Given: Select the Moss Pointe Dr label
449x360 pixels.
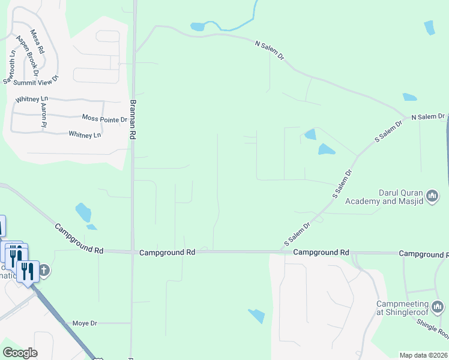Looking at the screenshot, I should pyautogui.click(x=104, y=119).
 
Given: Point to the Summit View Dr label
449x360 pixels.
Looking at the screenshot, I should pyautogui.click(x=38, y=79).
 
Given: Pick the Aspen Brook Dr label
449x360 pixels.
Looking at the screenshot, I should pyautogui.click(x=28, y=56).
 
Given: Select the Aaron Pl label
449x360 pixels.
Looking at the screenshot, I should pyautogui.click(x=43, y=115).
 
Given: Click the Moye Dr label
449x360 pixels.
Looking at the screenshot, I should pyautogui.click(x=85, y=323).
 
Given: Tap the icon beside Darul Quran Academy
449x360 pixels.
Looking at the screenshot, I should pyautogui.click(x=433, y=196).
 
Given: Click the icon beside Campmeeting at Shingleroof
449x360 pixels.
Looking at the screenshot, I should pyautogui.click(x=438, y=307).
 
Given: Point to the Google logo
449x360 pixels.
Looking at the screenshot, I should pyautogui.click(x=20, y=353).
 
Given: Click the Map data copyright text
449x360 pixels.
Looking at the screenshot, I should pyautogui.click(x=424, y=355).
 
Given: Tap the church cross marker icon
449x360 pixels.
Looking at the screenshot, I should pyautogui.click(x=44, y=270).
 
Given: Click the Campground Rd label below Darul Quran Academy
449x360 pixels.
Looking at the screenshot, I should pyautogui.click(x=321, y=253).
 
